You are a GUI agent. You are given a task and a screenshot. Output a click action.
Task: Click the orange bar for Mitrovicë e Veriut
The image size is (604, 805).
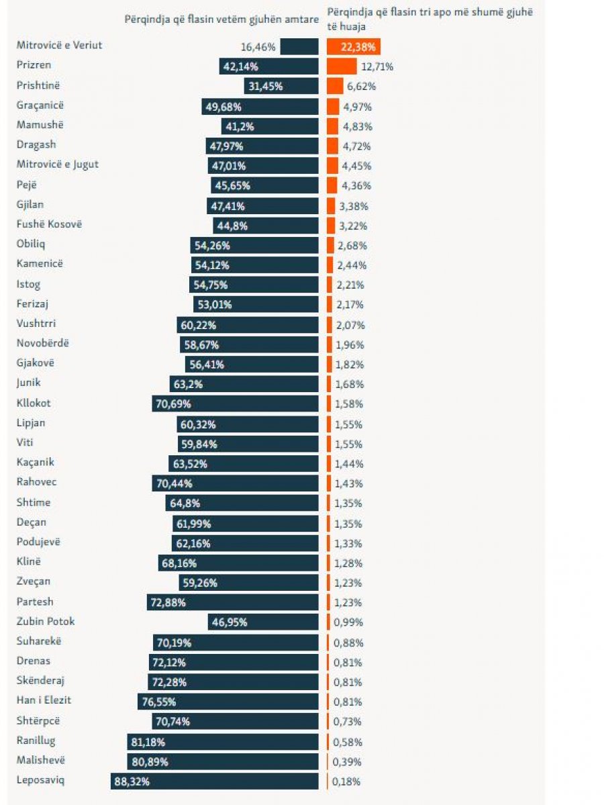[x=354, y=47]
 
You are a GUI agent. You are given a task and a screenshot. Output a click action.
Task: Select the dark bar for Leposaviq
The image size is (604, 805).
[x=215, y=782]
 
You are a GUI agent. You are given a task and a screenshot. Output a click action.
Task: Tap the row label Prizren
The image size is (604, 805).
[x=34, y=65]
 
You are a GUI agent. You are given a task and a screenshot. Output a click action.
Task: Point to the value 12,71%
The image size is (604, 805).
[x=376, y=67]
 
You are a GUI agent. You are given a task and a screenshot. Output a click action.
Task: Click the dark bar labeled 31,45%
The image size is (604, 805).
[x=281, y=87]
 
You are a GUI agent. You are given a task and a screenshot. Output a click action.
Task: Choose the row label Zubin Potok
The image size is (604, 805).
[x=46, y=621]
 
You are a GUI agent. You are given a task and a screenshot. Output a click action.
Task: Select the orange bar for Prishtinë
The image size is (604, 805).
[x=335, y=87]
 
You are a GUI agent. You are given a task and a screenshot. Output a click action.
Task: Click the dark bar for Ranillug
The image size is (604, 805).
[x=222, y=742]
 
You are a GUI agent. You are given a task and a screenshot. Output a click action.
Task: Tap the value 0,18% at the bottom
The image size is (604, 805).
[x=347, y=782]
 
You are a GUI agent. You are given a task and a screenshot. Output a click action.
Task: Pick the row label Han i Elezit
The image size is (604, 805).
[x=44, y=700]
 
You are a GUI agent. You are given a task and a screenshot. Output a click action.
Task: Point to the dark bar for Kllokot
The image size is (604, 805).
[x=235, y=404]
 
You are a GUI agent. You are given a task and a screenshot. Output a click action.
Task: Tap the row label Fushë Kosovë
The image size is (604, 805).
[x=49, y=224]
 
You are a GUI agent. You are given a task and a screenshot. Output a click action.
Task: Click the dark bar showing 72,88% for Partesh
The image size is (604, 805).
[x=233, y=602]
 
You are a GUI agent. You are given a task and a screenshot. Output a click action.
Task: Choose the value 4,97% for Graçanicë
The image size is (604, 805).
[x=357, y=107]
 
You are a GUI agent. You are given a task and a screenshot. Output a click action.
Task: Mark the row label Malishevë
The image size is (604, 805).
[x=41, y=760]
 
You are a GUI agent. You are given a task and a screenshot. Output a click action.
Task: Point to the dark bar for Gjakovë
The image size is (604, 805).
[x=252, y=365]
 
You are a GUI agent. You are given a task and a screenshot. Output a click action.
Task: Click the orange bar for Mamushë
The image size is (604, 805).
[x=332, y=126]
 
